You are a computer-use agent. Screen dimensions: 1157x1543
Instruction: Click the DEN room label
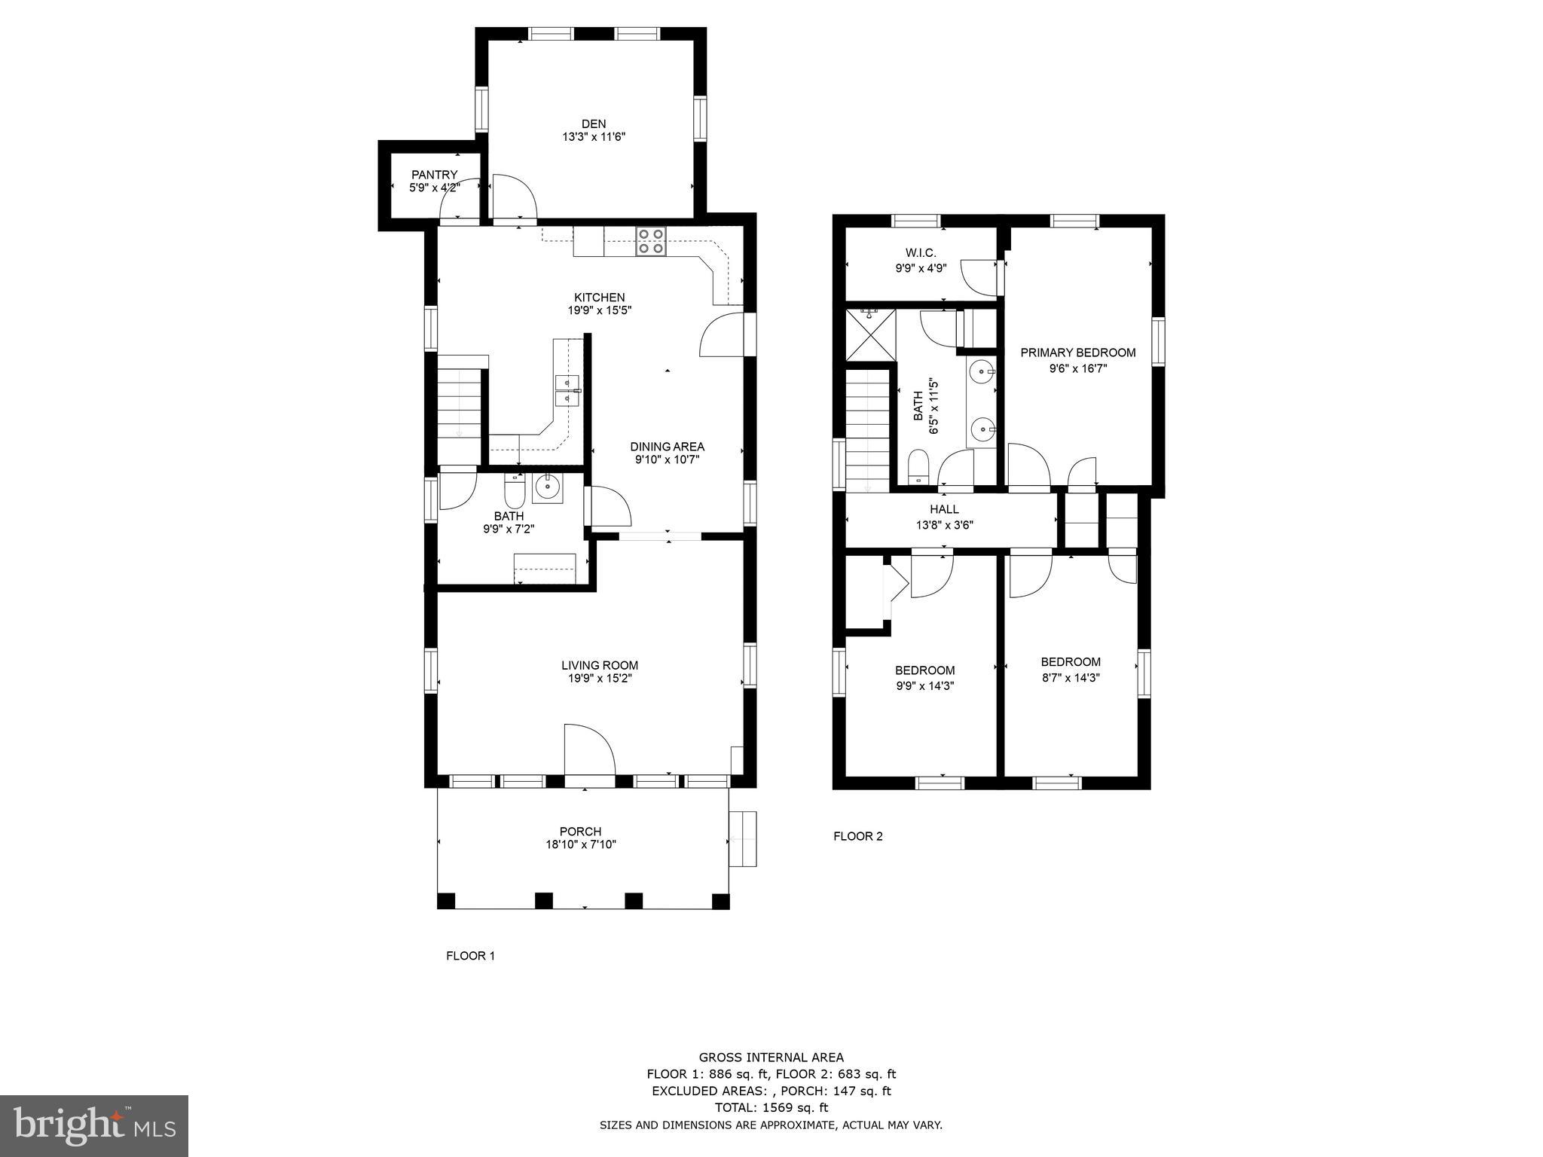593,124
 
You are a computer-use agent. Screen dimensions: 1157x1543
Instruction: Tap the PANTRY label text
434,175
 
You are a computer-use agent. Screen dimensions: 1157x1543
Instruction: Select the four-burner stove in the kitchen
651,240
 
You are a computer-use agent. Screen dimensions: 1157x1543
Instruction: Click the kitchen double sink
567,390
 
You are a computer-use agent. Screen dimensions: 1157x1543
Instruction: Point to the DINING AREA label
667,447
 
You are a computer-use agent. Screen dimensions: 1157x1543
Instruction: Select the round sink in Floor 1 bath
546,488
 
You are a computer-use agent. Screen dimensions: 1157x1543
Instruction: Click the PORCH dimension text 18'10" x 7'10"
581,844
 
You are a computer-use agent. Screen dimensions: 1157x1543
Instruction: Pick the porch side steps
743,838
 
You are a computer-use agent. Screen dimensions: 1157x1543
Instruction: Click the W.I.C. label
921,253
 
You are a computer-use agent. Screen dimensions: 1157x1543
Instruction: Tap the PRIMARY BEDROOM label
1077,353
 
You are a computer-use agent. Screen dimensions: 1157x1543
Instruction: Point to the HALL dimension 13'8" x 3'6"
944,525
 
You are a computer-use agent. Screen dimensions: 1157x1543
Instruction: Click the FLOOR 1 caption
470,956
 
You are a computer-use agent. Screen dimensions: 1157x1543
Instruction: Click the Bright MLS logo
94,1126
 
